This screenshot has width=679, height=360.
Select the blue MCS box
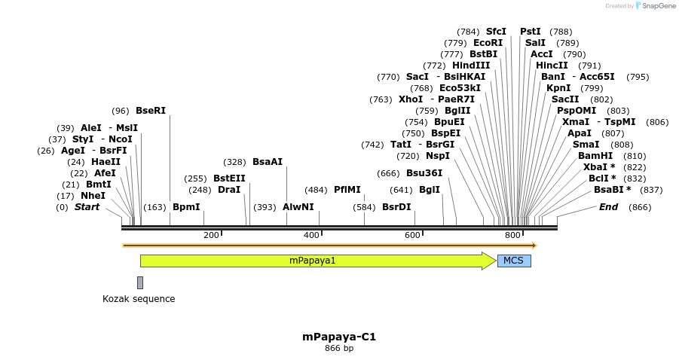tap(514, 261)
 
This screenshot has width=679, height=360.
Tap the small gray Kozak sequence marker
tap(140, 282)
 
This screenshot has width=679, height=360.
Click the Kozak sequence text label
tap(139, 299)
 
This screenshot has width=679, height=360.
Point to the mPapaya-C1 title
tap(339, 337)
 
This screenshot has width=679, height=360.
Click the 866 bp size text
tap(339, 348)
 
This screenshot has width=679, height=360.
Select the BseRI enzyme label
tap(151, 111)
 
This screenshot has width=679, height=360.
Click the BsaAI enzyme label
tap(268, 162)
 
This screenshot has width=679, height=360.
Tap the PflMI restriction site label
tap(347, 190)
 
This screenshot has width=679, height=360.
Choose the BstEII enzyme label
tap(229, 178)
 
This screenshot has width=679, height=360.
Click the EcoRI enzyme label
tap(488, 43)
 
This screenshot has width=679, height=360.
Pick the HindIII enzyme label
tap(471, 66)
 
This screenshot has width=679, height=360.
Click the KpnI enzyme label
tap(558, 88)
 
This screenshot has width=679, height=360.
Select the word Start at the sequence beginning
tap(87, 207)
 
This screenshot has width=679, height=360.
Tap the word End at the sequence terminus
tap(608, 207)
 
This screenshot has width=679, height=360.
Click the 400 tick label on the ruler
tap(311, 236)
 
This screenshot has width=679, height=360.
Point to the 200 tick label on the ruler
tap(211, 236)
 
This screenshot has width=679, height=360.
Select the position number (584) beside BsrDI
tap(364, 207)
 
